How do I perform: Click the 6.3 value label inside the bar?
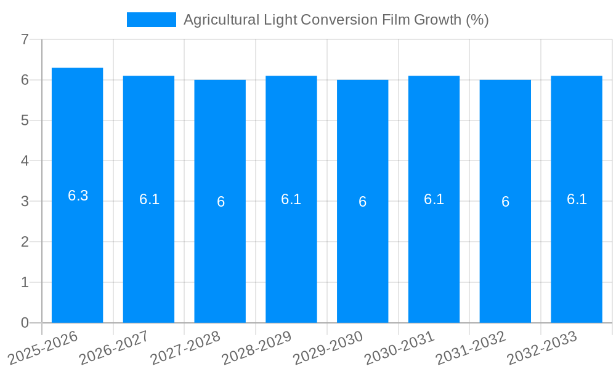pyautogui.click(x=78, y=196)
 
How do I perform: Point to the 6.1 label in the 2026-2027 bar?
pyautogui.click(x=149, y=199)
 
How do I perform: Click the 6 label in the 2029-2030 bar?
pyautogui.click(x=363, y=202)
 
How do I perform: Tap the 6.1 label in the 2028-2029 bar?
pyautogui.click(x=291, y=199)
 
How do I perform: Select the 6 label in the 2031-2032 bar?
pyautogui.click(x=505, y=202)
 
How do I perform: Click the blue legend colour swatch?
pyautogui.click(x=151, y=20)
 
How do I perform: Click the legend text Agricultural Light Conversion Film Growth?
pyautogui.click(x=336, y=20)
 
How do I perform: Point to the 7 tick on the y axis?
pyautogui.click(x=25, y=39)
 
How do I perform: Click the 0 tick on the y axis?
pyautogui.click(x=25, y=323)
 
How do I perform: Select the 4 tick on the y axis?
pyautogui.click(x=25, y=161)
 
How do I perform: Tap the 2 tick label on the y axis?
pyautogui.click(x=25, y=242)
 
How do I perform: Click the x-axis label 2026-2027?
pyautogui.click(x=115, y=347)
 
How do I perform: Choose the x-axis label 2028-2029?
pyautogui.click(x=257, y=347)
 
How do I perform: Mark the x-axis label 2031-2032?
pyautogui.click(x=471, y=347)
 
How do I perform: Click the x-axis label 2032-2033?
pyautogui.click(x=542, y=347)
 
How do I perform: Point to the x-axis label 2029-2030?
pyautogui.click(x=328, y=347)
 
